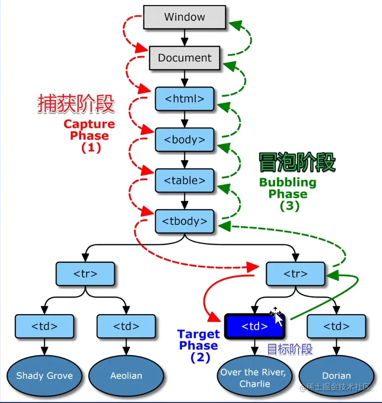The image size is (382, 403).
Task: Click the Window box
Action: pos(184,18)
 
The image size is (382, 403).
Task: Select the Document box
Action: pos(184,58)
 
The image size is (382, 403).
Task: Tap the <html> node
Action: pos(184,99)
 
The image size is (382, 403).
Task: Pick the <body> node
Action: pos(184,139)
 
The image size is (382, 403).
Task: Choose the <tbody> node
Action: pos(184,221)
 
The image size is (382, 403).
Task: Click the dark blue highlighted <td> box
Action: pos(254,326)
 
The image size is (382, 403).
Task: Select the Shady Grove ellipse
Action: pos(44,375)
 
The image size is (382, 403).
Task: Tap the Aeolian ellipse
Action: pos(126,375)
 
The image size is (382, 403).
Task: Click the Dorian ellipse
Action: pos(336,375)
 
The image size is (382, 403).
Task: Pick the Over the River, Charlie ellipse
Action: pos(252,378)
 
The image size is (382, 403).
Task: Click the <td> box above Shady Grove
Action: pos(44,326)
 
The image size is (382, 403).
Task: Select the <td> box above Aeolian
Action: pos(126,326)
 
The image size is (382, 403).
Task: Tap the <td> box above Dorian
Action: pos(336,326)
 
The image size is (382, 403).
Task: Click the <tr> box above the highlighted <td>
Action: pos(294,273)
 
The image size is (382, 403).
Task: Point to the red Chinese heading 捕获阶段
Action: pos(76,104)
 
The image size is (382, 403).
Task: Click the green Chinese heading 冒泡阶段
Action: pos(297,163)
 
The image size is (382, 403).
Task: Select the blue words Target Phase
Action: pos(198,340)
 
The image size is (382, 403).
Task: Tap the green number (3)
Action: pos(289,206)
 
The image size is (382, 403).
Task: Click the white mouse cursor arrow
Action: pos(278,319)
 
